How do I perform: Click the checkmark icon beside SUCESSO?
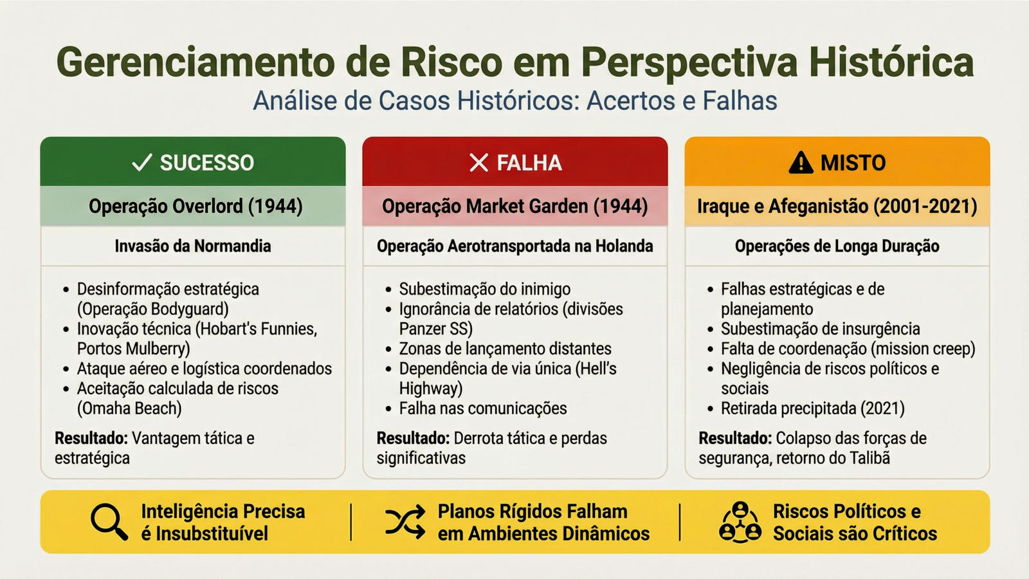[x=141, y=163]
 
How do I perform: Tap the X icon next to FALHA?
[x=478, y=163]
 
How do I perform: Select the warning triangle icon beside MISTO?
[x=801, y=163]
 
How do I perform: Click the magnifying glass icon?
[x=109, y=522]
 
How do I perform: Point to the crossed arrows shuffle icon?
[x=405, y=522]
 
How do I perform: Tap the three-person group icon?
[x=740, y=522]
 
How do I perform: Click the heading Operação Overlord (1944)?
[x=196, y=207]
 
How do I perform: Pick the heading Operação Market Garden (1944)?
[x=515, y=207]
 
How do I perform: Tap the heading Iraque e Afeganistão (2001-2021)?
[x=837, y=207]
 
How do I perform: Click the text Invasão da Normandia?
[x=193, y=246]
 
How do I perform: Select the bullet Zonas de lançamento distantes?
[x=505, y=349]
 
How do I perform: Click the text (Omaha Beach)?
[x=129, y=409]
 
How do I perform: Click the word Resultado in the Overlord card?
[x=91, y=438]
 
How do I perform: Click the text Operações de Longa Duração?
[x=837, y=246]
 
